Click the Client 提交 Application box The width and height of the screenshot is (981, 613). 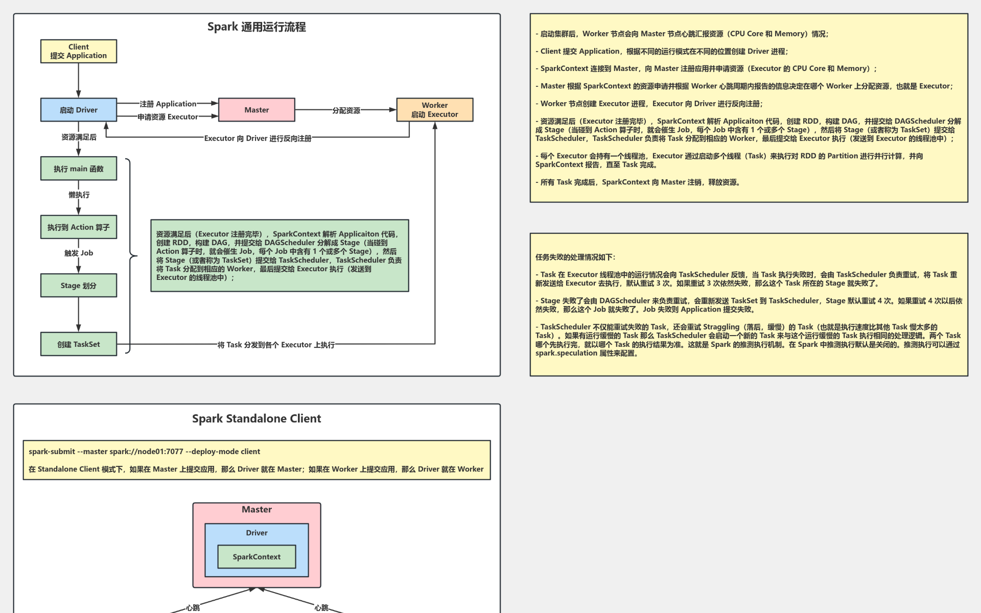coord(79,51)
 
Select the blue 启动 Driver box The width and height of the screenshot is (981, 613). coord(79,110)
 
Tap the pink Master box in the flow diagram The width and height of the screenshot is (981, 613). coord(256,110)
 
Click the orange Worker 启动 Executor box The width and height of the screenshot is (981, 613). coord(435,110)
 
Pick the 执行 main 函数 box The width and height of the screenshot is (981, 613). coord(79,169)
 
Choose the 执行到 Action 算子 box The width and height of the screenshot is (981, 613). coord(79,227)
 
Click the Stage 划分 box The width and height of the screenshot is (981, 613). coord(79,286)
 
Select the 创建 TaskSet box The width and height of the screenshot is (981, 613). coord(79,344)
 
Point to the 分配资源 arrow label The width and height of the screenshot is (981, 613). coord(346,110)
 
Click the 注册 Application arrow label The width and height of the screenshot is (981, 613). coord(168,104)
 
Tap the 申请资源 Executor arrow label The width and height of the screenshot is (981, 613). coord(168,117)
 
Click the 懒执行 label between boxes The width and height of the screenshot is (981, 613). coord(79,195)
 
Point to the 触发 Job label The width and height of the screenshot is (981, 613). coord(79,253)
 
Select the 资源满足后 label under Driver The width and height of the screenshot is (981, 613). coord(79,137)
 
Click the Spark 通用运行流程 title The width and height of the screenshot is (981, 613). coord(256,27)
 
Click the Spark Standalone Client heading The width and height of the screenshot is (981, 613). coord(256,418)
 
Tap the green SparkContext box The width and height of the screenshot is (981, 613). coord(256,557)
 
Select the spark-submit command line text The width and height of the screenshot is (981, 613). coord(145,452)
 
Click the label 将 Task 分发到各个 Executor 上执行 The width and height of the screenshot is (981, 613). coord(276,345)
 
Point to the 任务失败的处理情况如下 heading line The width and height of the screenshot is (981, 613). coord(576,257)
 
